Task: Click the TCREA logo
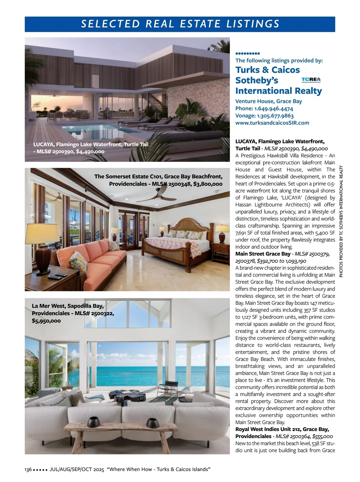(x=311, y=80)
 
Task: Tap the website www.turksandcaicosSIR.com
(x=272, y=123)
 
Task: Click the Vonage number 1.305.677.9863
(x=275, y=116)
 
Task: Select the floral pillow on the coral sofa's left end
(x=80, y=260)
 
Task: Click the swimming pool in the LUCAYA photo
(x=102, y=130)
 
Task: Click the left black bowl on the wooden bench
(x=94, y=422)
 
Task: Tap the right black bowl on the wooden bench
(x=152, y=423)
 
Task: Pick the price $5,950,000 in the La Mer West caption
(x=46, y=321)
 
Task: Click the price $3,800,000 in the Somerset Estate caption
(x=208, y=184)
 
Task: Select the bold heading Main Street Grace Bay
(x=263, y=254)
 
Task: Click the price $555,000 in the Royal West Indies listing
(x=322, y=436)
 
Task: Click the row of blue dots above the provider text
(x=247, y=53)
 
